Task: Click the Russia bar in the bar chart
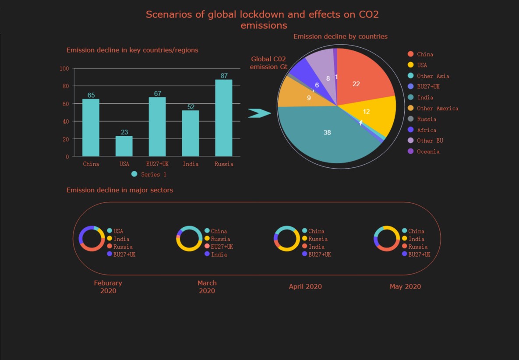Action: (x=224, y=118)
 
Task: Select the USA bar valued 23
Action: (x=124, y=146)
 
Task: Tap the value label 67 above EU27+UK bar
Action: (x=157, y=94)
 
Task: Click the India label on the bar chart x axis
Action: (x=191, y=164)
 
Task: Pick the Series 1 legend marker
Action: (x=134, y=174)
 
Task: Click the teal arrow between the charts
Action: (x=259, y=113)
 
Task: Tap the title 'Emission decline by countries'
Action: (x=340, y=36)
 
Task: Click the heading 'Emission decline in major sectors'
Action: (x=120, y=190)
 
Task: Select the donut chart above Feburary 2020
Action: (x=92, y=239)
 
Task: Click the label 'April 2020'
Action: (x=305, y=286)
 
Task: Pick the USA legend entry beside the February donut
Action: (x=118, y=231)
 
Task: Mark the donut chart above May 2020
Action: (x=387, y=239)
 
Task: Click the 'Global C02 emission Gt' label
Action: (x=268, y=63)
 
